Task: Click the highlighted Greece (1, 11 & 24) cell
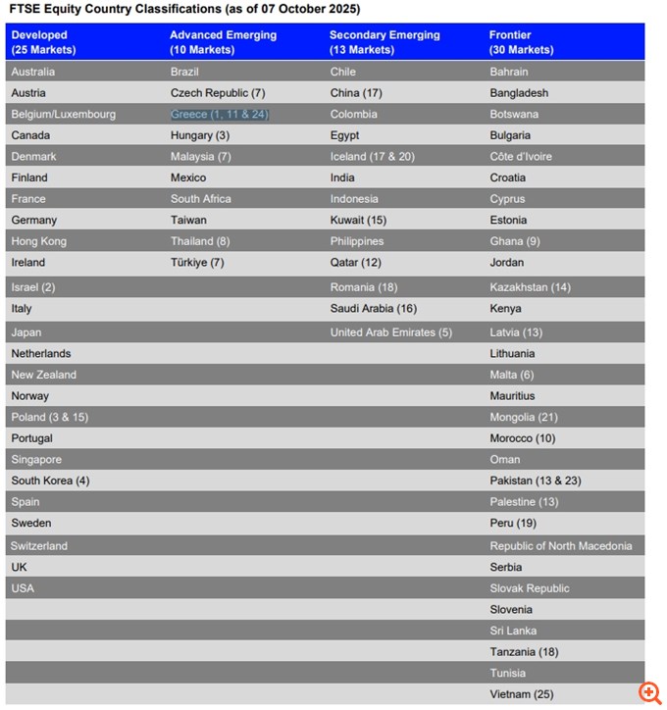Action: click(220, 115)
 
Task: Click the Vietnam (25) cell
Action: click(522, 694)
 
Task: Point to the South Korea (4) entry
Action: click(50, 481)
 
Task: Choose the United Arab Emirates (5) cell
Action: click(390, 332)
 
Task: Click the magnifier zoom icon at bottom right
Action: click(648, 692)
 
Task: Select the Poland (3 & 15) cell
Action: click(49, 417)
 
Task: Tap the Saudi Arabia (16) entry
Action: click(373, 309)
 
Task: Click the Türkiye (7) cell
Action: click(197, 263)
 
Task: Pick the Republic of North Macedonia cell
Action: click(561, 546)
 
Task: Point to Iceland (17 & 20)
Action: click(372, 157)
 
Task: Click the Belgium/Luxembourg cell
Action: click(63, 115)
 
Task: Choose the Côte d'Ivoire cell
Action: click(521, 157)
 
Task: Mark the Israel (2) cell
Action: click(33, 287)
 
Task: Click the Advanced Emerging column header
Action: click(223, 42)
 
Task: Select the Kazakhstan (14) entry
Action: click(530, 287)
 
